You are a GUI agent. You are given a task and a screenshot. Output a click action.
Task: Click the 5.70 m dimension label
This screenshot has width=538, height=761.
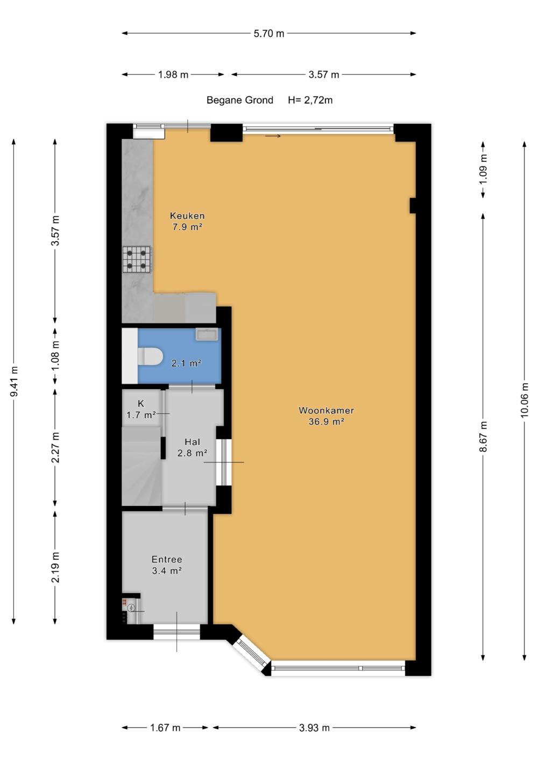click(x=268, y=33)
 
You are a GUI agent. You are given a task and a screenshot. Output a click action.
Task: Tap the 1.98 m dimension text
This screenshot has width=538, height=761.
click(x=173, y=75)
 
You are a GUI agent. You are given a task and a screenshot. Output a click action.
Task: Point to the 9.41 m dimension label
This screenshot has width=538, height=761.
click(x=14, y=381)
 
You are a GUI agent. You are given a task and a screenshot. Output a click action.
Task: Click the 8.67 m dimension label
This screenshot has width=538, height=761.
click(x=483, y=436)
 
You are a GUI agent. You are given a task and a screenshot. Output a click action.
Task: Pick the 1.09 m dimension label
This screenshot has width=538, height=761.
click(x=483, y=169)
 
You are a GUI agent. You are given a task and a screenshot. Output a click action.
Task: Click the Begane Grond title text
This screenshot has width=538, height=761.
click(x=240, y=100)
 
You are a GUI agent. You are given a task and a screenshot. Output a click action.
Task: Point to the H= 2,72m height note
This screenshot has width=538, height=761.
click(x=310, y=100)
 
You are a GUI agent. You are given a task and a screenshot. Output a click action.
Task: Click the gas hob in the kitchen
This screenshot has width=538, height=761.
click(x=137, y=259)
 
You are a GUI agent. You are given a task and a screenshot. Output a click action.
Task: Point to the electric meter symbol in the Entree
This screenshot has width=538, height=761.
click(x=132, y=608)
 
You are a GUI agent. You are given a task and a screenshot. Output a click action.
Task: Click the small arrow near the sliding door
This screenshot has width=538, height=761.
click(x=273, y=136)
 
